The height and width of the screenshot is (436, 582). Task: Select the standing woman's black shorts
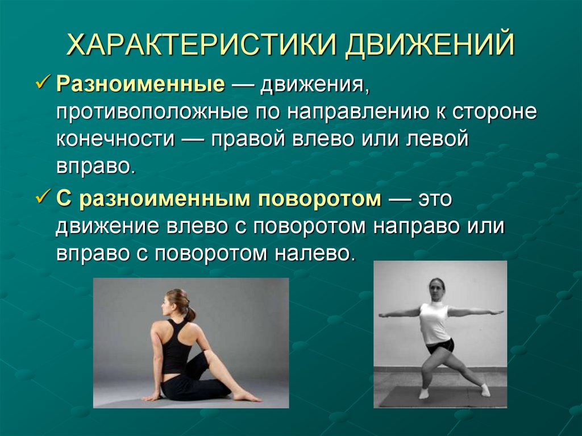coord(439,345)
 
